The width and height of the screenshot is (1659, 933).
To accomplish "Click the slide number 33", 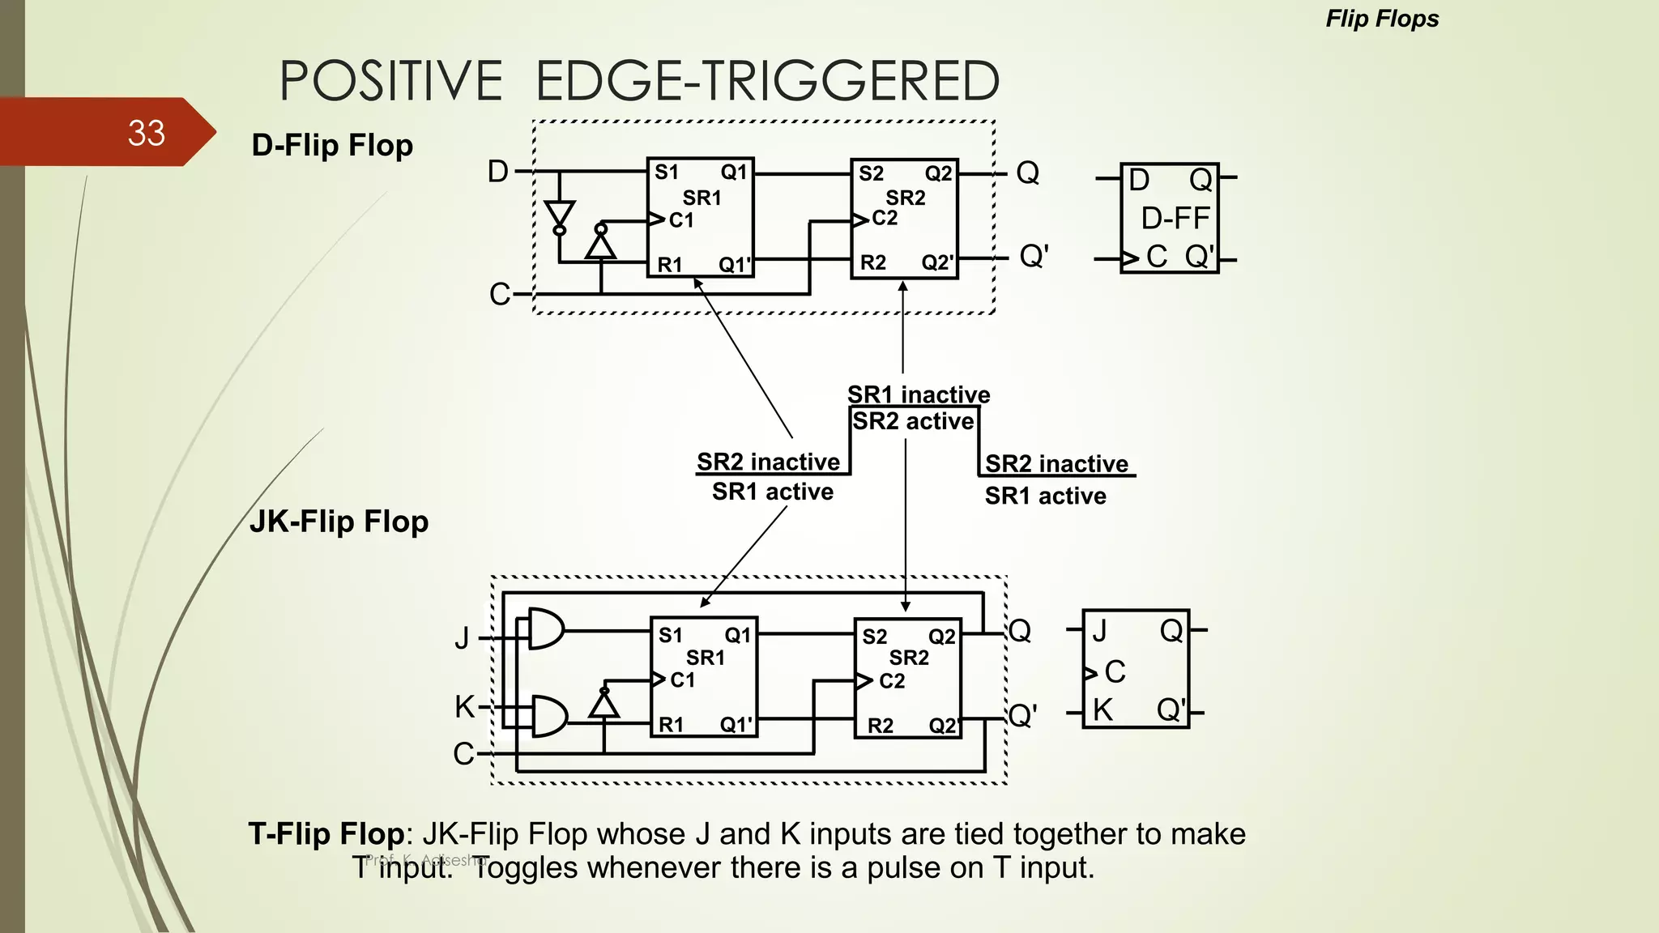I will (146, 133).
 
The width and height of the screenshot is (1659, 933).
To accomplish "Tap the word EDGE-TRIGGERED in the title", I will (767, 81).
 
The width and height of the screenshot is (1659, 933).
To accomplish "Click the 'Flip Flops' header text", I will (1382, 19).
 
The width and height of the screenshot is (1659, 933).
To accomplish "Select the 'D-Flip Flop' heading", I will (332, 145).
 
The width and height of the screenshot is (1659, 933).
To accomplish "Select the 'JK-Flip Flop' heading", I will (339, 521).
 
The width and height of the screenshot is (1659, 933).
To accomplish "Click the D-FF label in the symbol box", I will (1175, 218).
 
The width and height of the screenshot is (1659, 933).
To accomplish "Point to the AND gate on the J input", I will (546, 628).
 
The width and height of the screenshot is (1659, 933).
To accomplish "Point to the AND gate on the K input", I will (549, 715).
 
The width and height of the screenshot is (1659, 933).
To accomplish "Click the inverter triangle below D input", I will (560, 215).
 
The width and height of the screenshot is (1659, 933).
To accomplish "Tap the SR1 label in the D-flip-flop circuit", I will (702, 198).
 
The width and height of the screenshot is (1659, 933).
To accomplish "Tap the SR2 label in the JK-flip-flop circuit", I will (909, 658).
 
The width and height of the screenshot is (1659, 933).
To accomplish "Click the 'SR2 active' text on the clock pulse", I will (913, 421).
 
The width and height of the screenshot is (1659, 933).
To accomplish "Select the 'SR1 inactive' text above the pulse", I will (919, 394).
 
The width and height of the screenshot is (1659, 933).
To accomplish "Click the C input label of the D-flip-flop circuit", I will (500, 294).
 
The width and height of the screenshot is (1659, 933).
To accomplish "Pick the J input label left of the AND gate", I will (462, 637).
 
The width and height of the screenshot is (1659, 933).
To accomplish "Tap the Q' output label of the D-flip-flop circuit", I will (1034, 257).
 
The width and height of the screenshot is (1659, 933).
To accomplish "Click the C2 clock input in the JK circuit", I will (891, 681).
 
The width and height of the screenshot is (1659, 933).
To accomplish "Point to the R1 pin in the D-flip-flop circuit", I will (670, 265).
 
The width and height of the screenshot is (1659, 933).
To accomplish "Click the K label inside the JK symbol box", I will (1102, 710).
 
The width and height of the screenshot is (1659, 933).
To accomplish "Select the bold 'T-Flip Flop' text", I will (326, 833).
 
